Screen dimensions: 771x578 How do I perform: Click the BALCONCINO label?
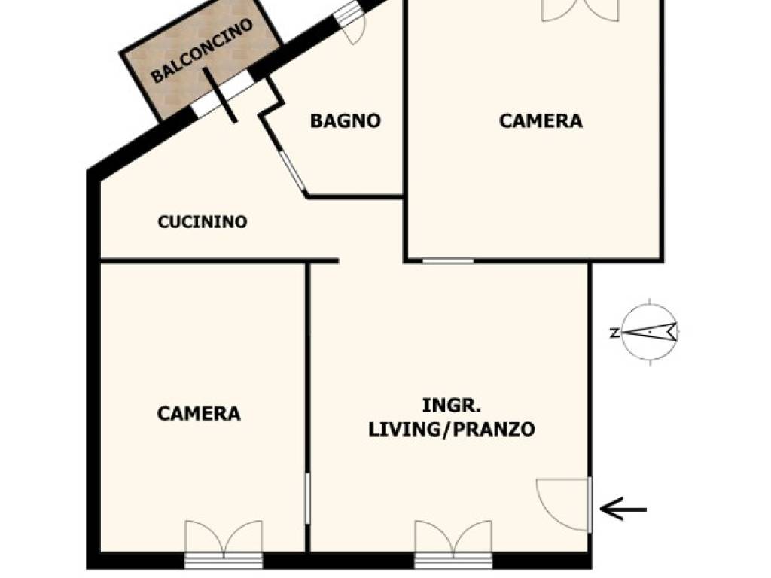[x=202, y=50]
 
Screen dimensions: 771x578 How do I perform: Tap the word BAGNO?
[x=345, y=121]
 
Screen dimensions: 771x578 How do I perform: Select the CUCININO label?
[x=202, y=222]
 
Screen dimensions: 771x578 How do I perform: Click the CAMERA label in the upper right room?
[x=541, y=121]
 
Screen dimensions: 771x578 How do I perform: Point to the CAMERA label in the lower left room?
[x=199, y=414]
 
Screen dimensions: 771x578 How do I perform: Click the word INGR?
[x=452, y=406]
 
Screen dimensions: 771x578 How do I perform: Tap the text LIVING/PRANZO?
[x=452, y=430]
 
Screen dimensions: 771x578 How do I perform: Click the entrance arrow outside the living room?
[x=623, y=510]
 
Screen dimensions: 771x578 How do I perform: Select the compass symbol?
[x=650, y=332]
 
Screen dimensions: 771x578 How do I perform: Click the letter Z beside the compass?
[x=614, y=333]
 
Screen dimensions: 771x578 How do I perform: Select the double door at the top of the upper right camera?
[x=580, y=11]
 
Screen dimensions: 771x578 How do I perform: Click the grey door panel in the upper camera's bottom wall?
[x=447, y=261]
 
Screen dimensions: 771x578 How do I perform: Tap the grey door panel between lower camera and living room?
[x=308, y=498]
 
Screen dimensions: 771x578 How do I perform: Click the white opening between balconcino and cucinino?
[x=223, y=96]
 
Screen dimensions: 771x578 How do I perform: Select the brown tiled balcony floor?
[x=202, y=59]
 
